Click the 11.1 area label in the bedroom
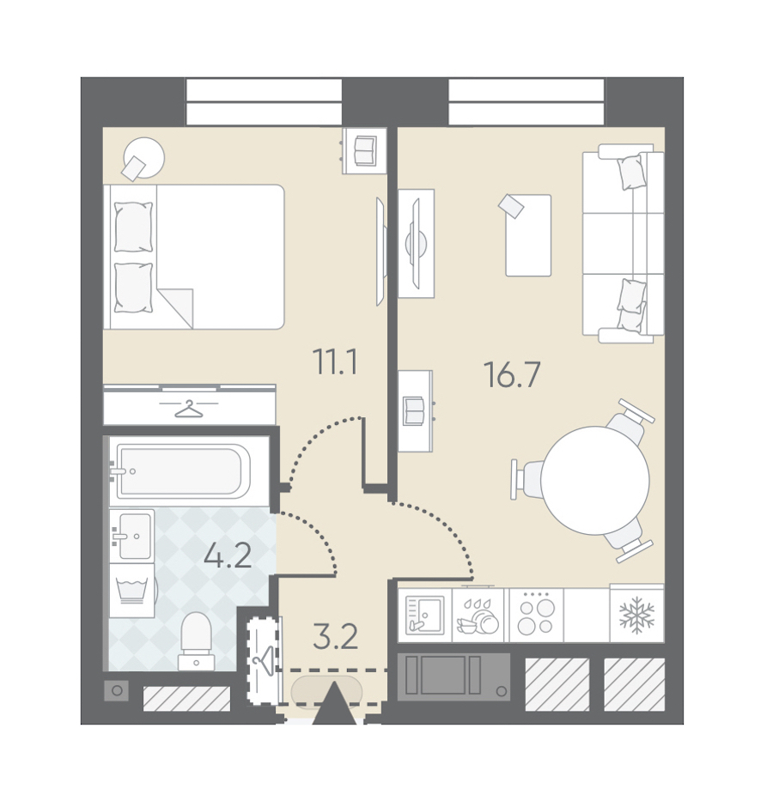[x=335, y=361]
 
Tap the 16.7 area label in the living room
[x=512, y=374]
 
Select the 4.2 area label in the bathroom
[x=228, y=555]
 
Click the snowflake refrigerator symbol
[x=636, y=615]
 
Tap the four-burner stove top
[x=536, y=616]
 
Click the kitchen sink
[x=425, y=615]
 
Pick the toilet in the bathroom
[x=196, y=641]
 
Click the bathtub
[x=184, y=471]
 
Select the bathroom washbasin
[x=131, y=535]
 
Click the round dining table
[x=595, y=480]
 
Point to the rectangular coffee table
[x=528, y=235]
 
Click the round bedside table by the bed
[x=143, y=157]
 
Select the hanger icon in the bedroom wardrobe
[x=189, y=409]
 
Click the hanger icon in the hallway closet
[x=264, y=661]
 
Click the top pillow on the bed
[x=133, y=227]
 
